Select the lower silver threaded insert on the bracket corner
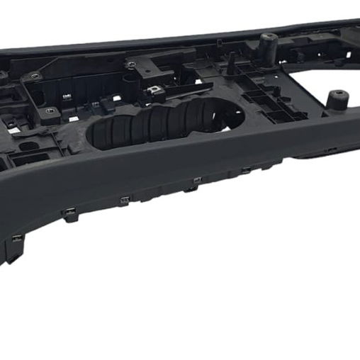click(50, 111)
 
